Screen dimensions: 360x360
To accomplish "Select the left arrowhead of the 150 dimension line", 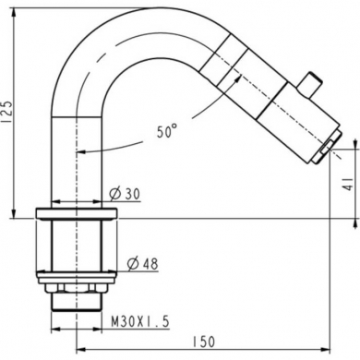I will coord(77,347).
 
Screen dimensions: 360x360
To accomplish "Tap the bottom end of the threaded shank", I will coord(76,304).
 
